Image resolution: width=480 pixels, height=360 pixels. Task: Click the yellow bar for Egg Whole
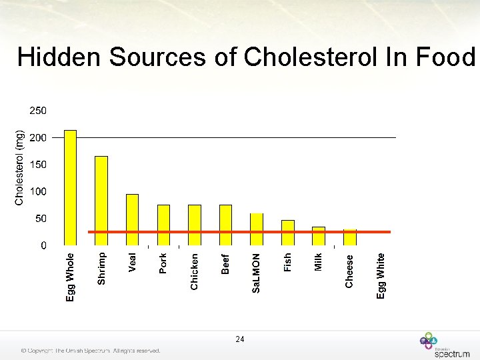click(70, 187)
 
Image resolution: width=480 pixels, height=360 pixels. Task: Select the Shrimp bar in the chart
click(101, 200)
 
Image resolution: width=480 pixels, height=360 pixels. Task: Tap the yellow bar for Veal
click(132, 219)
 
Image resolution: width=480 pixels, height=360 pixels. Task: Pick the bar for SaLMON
click(257, 229)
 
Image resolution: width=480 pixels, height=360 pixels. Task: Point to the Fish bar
click(288, 232)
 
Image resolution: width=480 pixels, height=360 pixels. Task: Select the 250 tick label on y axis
click(37, 110)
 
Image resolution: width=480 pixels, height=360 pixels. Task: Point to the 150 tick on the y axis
click(37, 164)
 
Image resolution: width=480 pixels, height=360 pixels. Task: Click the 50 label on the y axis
click(40, 219)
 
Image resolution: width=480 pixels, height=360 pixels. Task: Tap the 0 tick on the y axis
click(43, 246)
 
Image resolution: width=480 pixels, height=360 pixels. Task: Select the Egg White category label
click(381, 275)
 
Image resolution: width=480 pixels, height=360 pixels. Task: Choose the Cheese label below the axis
click(349, 270)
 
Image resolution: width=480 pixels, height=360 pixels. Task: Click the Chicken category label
click(194, 271)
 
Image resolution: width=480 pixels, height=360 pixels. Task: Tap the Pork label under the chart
click(163, 263)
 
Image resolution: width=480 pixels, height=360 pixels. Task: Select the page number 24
click(240, 339)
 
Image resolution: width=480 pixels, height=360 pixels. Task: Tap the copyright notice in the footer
click(91, 351)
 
